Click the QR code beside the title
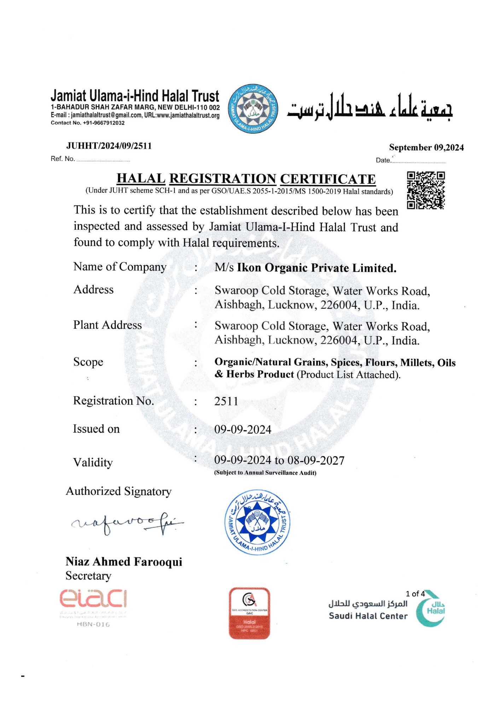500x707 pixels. click(426, 190)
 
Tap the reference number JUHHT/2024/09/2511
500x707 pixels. click(109, 146)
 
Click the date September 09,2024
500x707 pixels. click(426, 147)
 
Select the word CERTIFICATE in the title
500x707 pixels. click(328, 179)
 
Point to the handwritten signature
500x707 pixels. click(127, 523)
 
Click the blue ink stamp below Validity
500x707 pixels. click(257, 522)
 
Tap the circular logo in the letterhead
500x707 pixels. click(253, 109)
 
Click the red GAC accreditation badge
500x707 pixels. click(249, 613)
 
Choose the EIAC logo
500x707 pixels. click(93, 599)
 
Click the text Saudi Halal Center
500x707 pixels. click(368, 616)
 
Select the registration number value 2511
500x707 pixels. click(226, 401)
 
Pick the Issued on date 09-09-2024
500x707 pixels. click(243, 430)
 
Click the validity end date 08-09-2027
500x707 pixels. click(316, 460)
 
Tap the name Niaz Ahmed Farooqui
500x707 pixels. click(124, 562)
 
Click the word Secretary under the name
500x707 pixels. click(88, 576)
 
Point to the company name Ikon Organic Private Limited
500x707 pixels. click(316, 268)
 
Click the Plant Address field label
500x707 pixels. click(107, 325)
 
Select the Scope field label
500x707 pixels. click(88, 362)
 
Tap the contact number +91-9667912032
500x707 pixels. click(104, 123)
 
